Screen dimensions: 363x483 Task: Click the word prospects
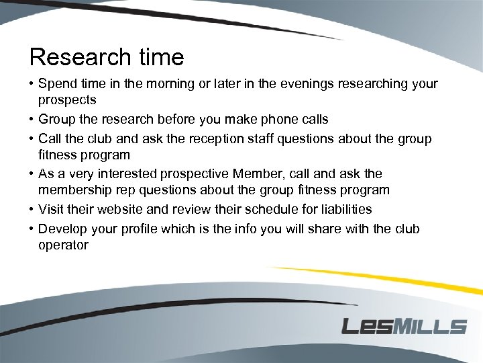[x=67, y=100]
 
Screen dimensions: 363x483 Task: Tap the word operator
[x=63, y=245]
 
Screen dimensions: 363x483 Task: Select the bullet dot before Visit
[x=31, y=210]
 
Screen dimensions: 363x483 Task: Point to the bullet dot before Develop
[x=31, y=229]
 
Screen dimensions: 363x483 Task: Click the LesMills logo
[x=404, y=326]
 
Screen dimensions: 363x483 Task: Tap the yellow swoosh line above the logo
[x=376, y=277]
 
